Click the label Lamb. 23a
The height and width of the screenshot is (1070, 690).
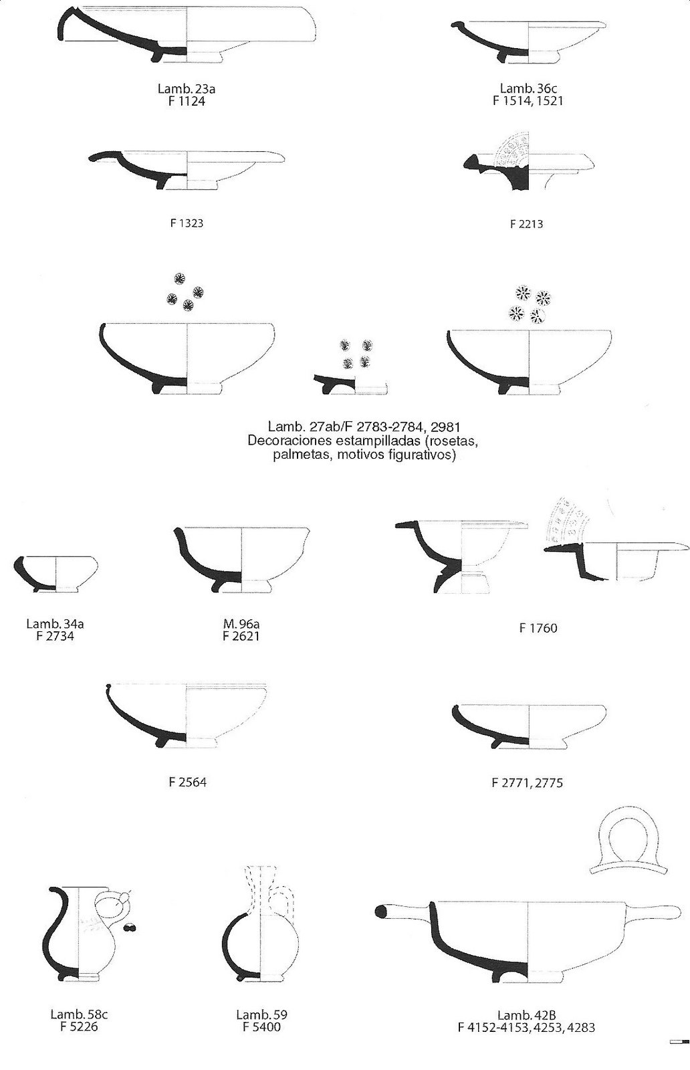pyautogui.click(x=187, y=89)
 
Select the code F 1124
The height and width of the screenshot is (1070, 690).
pyautogui.click(x=187, y=101)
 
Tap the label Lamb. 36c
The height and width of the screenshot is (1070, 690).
pyautogui.click(x=529, y=88)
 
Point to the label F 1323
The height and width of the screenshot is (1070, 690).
pyautogui.click(x=187, y=223)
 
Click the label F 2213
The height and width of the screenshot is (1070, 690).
pyautogui.click(x=526, y=224)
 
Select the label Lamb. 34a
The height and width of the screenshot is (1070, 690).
pyautogui.click(x=55, y=624)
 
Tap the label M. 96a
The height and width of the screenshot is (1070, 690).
pyautogui.click(x=241, y=624)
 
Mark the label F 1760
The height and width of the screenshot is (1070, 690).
pyautogui.click(x=538, y=628)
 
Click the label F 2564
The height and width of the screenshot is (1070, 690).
pyautogui.click(x=187, y=782)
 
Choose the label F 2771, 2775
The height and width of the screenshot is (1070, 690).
pyautogui.click(x=527, y=783)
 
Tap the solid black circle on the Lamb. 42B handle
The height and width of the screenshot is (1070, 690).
pyautogui.click(x=382, y=912)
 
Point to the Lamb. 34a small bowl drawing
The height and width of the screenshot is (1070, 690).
pyautogui.click(x=56, y=574)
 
